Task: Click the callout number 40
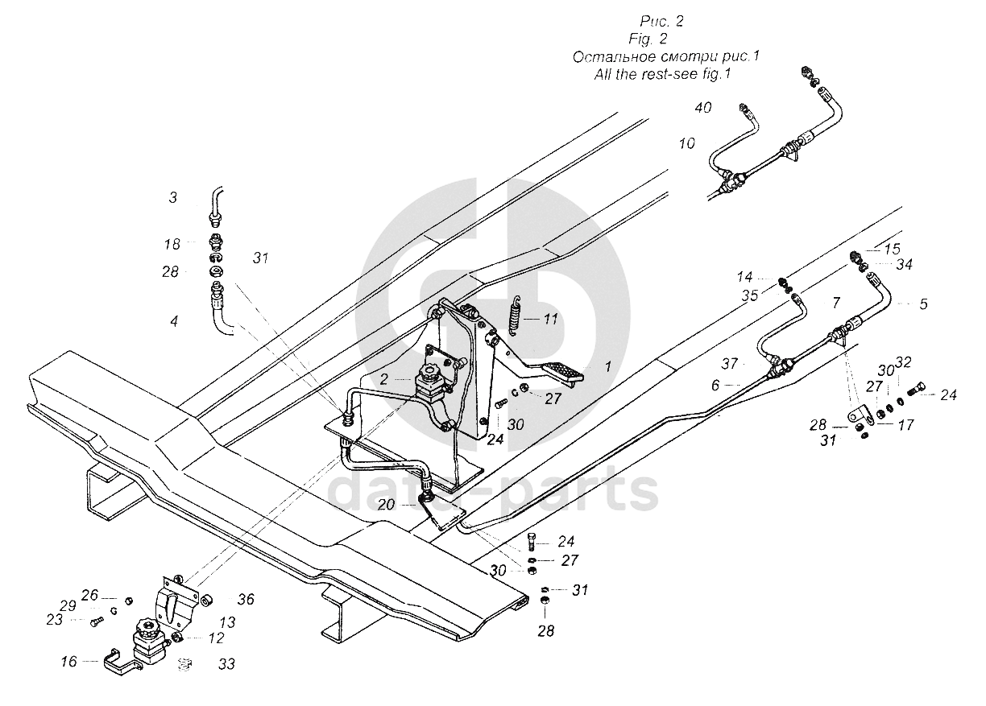[x=703, y=108]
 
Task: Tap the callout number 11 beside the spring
[x=550, y=319]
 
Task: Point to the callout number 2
[x=383, y=379]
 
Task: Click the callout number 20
[x=386, y=505]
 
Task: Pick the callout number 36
[x=246, y=599]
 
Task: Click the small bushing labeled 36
[x=206, y=601]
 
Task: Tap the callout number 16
[x=68, y=661]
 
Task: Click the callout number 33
[x=226, y=664]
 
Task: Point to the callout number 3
[x=173, y=197]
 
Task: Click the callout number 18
[x=172, y=244]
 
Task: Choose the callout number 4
[x=174, y=321]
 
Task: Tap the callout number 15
[x=893, y=249]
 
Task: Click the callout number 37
[x=729, y=364]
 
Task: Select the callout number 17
[x=906, y=424]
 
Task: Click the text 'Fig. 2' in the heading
[x=648, y=39]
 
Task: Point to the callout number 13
[x=228, y=622]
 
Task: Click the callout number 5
[x=923, y=304]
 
